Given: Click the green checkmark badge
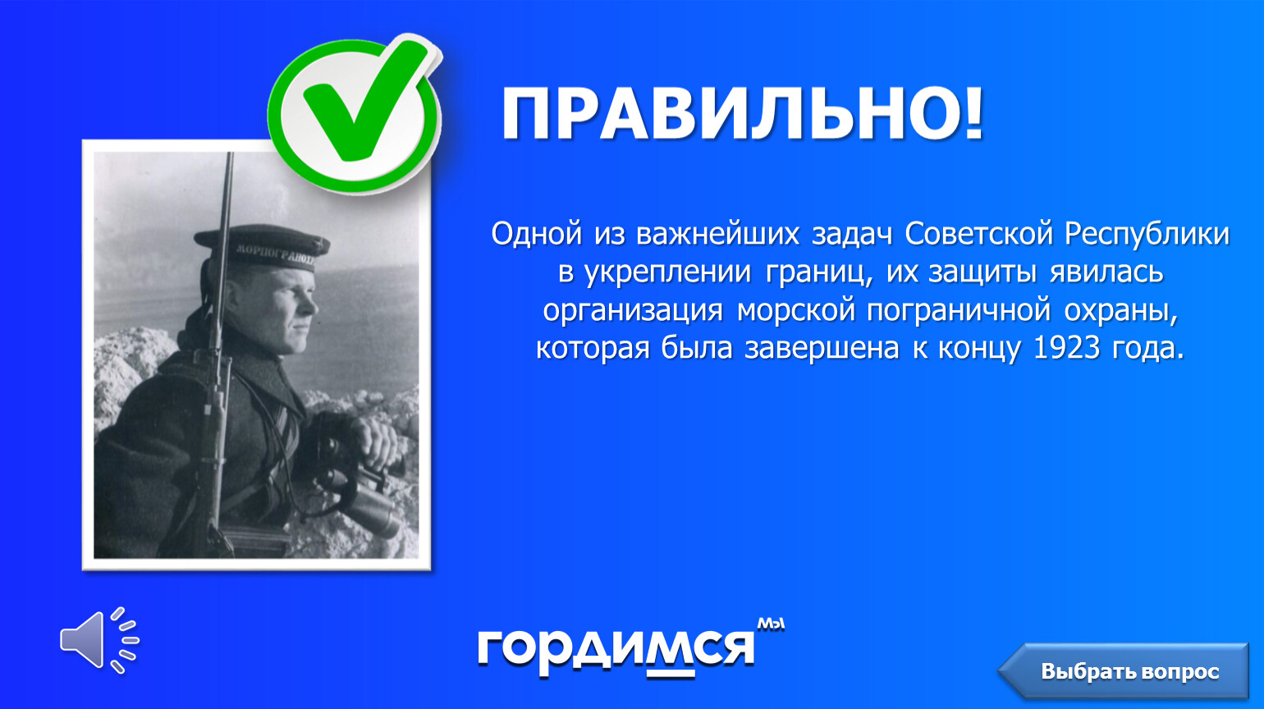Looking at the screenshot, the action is click(x=355, y=112).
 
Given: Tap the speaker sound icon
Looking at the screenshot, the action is click(x=99, y=640).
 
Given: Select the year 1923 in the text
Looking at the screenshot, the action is click(x=1066, y=347).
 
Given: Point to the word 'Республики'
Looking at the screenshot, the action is click(x=1147, y=234).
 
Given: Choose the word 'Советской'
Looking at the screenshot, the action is click(x=979, y=234).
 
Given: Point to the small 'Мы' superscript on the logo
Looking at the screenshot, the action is click(x=771, y=624).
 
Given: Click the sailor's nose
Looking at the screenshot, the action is click(x=311, y=304).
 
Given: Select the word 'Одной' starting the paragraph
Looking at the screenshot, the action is click(x=536, y=234).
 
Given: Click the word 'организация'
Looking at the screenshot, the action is click(x=633, y=310).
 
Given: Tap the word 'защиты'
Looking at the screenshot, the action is click(x=982, y=272).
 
